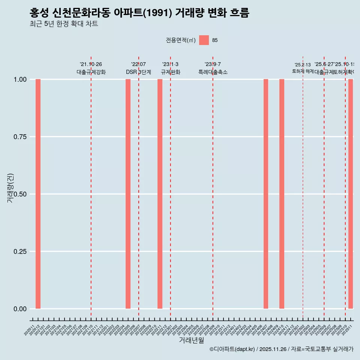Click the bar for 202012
click(38, 194)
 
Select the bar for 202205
click(128, 194)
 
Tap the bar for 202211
click(160, 194)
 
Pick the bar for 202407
click(266, 194)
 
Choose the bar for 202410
click(282, 194)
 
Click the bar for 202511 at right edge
click(351, 194)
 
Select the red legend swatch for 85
click(204, 40)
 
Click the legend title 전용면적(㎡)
click(181, 40)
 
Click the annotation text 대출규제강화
click(91, 72)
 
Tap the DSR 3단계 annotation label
click(138, 72)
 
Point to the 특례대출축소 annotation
click(213, 72)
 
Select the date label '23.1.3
click(170, 64)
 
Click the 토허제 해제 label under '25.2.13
click(303, 71)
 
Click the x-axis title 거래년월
click(191, 340)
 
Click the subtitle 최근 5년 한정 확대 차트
click(64, 24)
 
